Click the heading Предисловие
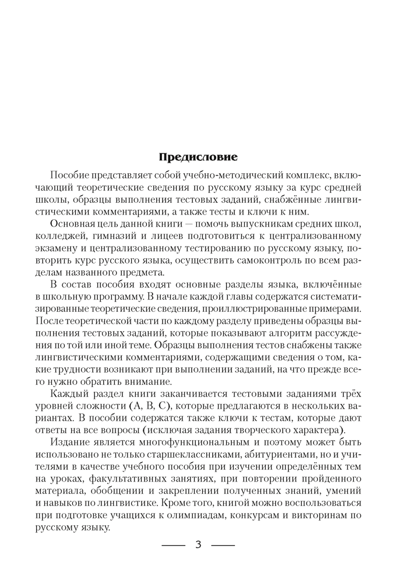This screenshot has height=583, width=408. click(x=198, y=157)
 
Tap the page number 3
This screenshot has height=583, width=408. click(x=198, y=545)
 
